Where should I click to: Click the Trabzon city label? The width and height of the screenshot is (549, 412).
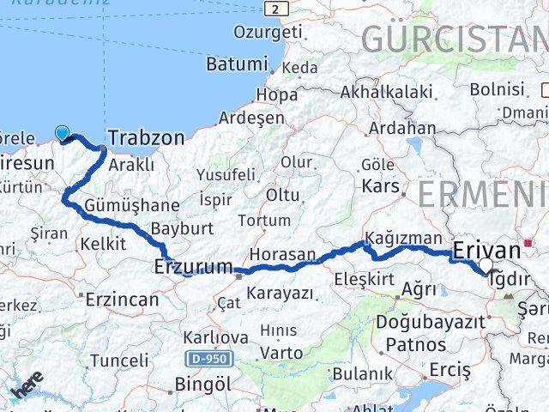click(x=147, y=137)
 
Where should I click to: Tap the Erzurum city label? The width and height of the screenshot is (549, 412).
click(x=194, y=267)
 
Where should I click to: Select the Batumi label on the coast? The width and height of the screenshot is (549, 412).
click(x=237, y=64)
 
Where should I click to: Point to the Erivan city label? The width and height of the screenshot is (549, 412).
click(x=486, y=250)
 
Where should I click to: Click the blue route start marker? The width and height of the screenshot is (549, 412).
click(x=62, y=132)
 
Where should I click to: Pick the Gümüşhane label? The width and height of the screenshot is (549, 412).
click(x=132, y=205)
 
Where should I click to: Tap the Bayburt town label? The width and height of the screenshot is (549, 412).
click(x=181, y=229)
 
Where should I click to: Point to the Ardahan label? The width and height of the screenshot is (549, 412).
click(x=402, y=128)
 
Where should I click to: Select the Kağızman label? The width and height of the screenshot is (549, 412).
click(x=402, y=238)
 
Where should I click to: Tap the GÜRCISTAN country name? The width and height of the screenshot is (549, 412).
click(x=454, y=39)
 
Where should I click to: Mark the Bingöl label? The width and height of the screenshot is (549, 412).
click(x=202, y=383)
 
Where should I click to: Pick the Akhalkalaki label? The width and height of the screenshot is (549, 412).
click(x=385, y=90)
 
